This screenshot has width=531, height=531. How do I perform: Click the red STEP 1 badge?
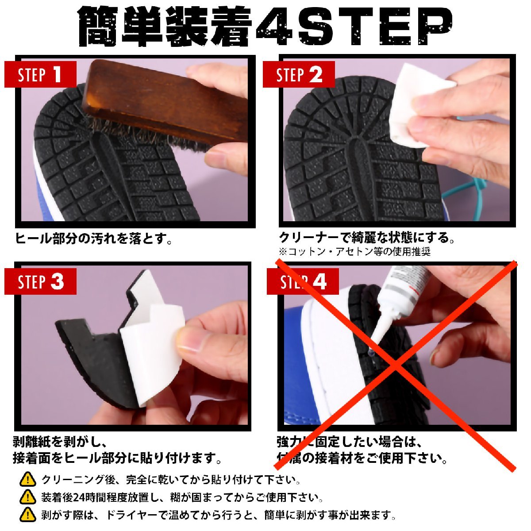[x=41, y=74]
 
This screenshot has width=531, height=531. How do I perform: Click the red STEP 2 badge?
[x=299, y=74]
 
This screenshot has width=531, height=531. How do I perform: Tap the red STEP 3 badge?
[x=41, y=281]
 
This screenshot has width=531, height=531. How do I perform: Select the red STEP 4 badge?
[x=303, y=281]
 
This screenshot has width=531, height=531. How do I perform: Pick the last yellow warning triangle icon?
[x=28, y=514]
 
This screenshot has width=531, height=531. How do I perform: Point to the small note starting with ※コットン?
[x=354, y=252]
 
